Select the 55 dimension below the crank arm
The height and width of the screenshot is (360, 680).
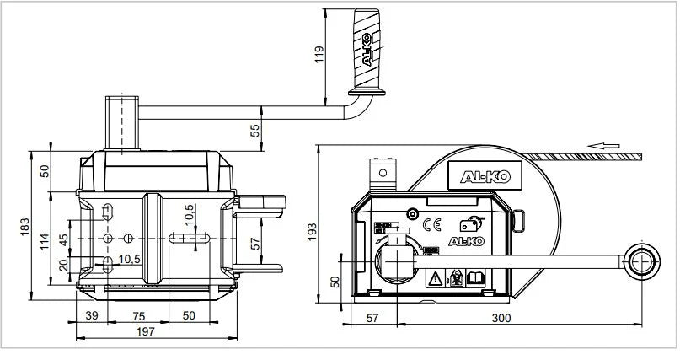click(x=255, y=130)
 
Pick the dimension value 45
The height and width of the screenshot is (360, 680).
click(x=63, y=240)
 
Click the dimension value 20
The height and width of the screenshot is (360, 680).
click(x=63, y=266)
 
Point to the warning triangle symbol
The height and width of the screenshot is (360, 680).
click(x=436, y=277)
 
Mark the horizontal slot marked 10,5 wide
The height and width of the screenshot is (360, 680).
click(x=187, y=239)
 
